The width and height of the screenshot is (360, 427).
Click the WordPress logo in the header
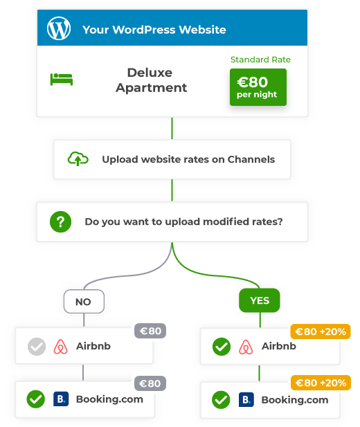(x=59, y=28)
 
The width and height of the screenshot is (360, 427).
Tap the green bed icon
(x=62, y=80)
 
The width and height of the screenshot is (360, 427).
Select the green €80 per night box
(x=258, y=87)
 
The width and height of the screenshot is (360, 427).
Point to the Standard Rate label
(x=260, y=60)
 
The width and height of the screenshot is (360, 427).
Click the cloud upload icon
(x=78, y=158)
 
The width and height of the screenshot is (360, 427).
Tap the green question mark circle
(x=60, y=221)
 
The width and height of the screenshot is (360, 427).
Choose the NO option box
(x=84, y=302)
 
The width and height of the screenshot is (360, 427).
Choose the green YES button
(x=260, y=300)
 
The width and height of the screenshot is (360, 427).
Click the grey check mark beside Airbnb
(x=37, y=347)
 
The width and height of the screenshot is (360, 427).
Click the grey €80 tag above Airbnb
(x=150, y=331)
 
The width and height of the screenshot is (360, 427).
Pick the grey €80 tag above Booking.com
(x=150, y=383)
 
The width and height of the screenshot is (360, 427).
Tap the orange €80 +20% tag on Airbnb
(x=321, y=331)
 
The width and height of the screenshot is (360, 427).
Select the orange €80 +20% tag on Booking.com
(x=321, y=383)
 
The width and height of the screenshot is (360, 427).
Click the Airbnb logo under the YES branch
(x=246, y=347)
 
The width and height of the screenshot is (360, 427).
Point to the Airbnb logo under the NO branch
(x=60, y=347)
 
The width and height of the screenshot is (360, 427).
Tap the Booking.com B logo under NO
(x=61, y=399)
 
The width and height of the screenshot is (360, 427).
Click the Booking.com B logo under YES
(x=246, y=399)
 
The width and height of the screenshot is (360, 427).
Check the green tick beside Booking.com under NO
(x=36, y=399)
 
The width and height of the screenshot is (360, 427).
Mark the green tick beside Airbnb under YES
(x=222, y=347)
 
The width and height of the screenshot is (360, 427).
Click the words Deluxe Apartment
(x=151, y=80)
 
